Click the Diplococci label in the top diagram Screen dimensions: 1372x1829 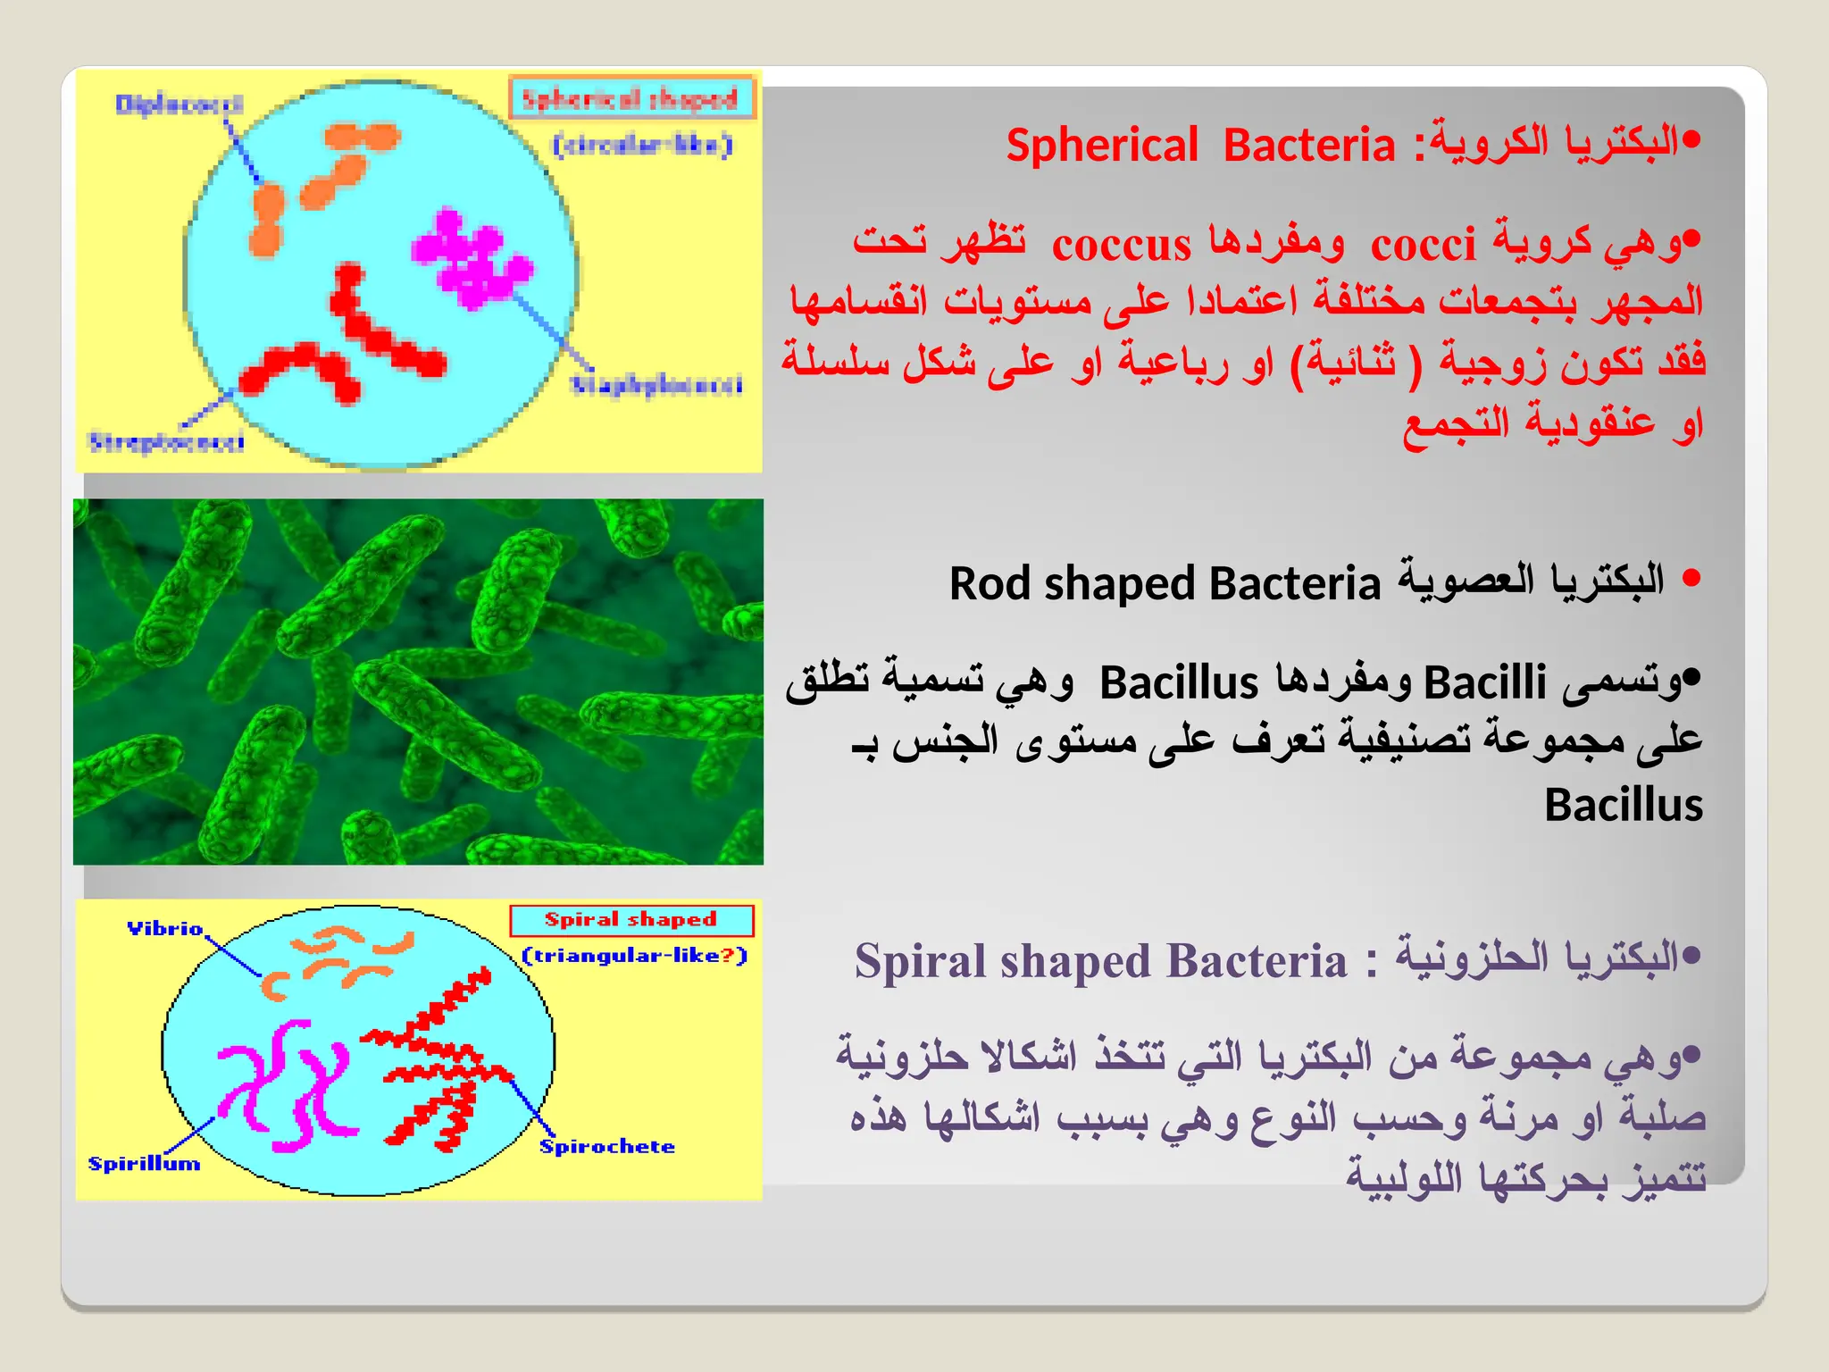(x=179, y=105)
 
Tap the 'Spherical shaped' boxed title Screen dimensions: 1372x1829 (x=631, y=98)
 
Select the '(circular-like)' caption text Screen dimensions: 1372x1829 (x=642, y=145)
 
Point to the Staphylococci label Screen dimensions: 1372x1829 (x=657, y=385)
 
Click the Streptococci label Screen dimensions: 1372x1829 (x=166, y=442)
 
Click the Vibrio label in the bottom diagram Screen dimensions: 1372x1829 (x=165, y=929)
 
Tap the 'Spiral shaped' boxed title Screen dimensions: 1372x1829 (x=631, y=920)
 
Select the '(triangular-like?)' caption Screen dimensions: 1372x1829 (x=634, y=956)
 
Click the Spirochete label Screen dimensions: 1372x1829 (x=607, y=1147)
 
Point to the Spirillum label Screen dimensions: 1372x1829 (x=144, y=1164)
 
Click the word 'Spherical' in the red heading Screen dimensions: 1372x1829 (x=1102, y=146)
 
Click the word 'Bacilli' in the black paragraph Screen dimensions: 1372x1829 (x=1484, y=683)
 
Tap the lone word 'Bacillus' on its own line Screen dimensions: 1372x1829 (x=1623, y=806)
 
